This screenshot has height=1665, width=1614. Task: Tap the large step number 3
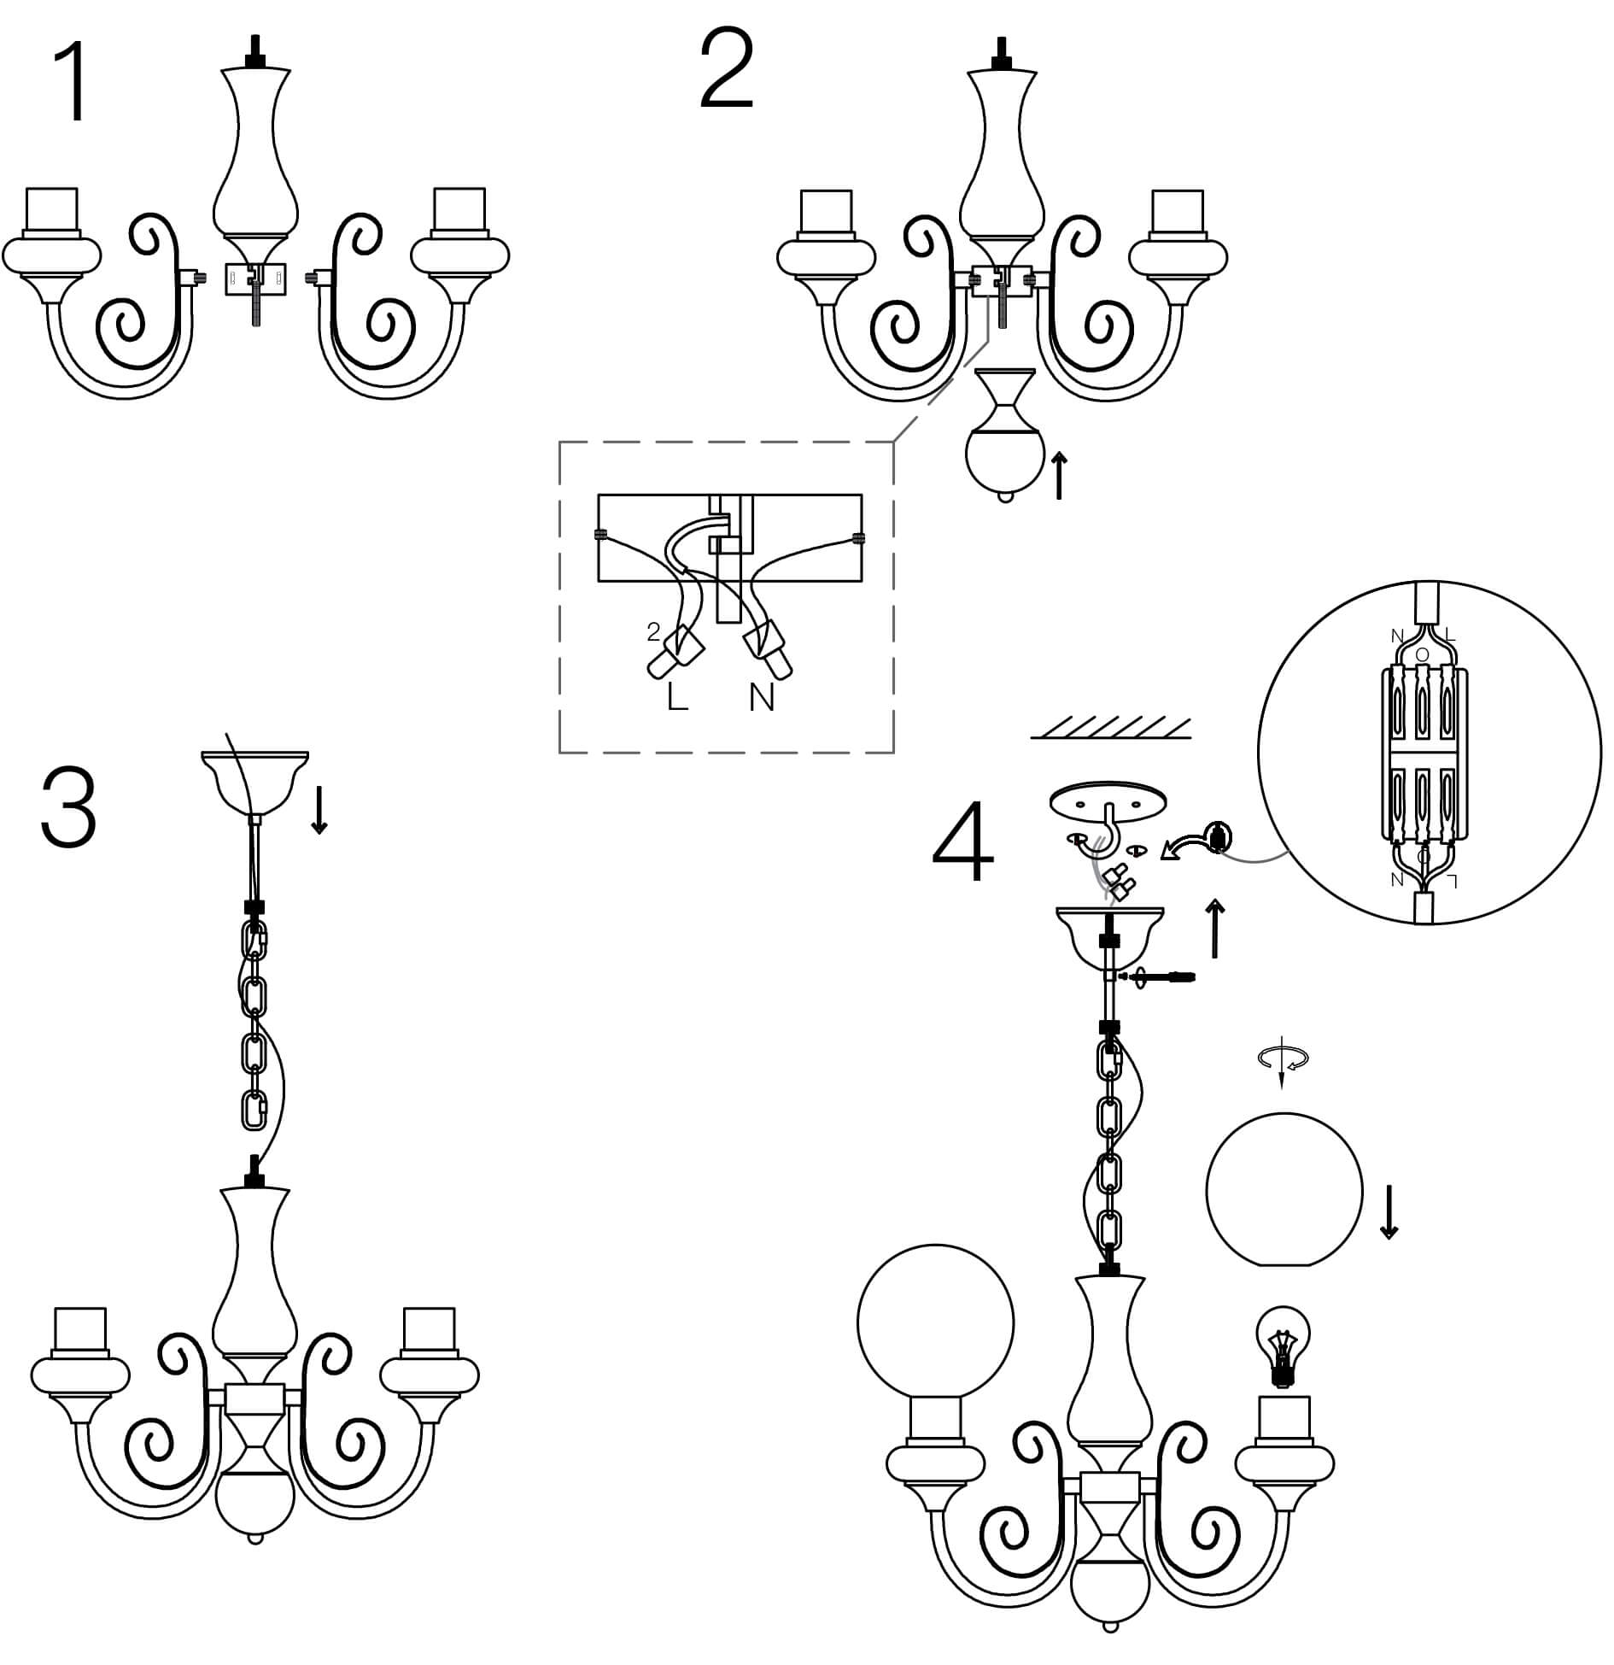(x=68, y=808)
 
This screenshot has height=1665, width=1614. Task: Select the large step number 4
(x=963, y=841)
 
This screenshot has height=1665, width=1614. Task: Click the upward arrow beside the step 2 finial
(x=1059, y=477)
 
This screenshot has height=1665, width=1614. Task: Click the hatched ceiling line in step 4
(x=1110, y=729)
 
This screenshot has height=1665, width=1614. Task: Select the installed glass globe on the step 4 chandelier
(x=935, y=1324)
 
